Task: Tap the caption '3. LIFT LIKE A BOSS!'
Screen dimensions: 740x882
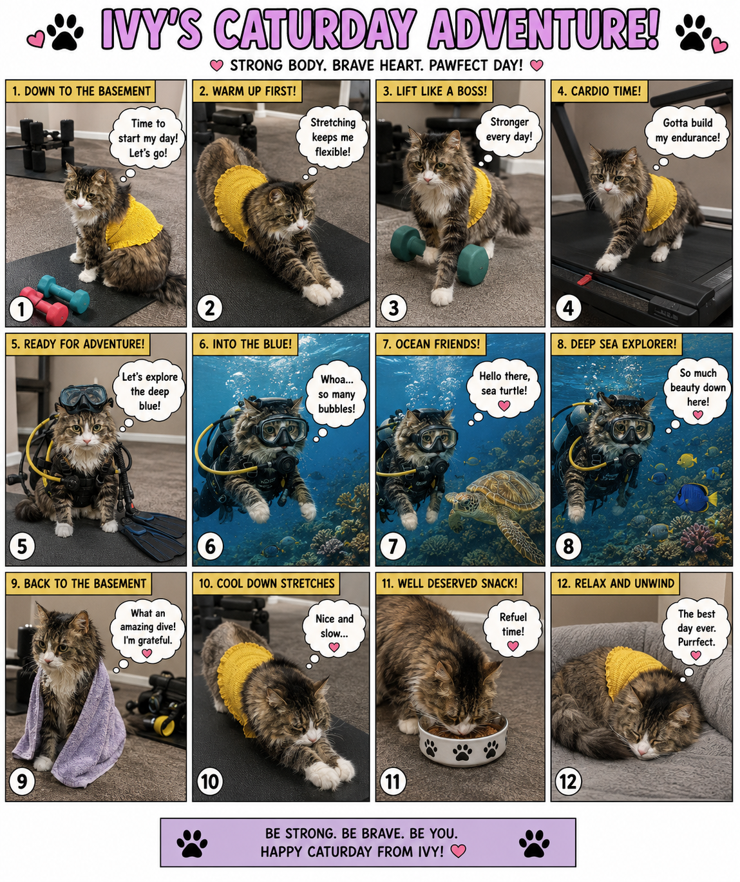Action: [435, 91]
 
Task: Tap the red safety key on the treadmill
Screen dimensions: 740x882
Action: [585, 278]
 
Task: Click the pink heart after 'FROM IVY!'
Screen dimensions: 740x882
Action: [459, 850]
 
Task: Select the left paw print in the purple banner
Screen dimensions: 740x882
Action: [192, 843]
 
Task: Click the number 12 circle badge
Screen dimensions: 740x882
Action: [568, 781]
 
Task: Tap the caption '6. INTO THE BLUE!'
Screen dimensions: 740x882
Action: [245, 344]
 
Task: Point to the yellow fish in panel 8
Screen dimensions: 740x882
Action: [687, 460]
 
